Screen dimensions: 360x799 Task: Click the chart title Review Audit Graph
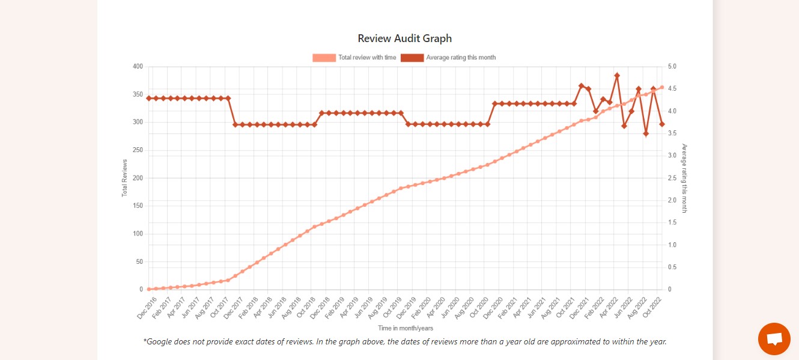pyautogui.click(x=404, y=38)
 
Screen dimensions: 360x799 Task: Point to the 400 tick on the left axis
pyautogui.click(x=138, y=66)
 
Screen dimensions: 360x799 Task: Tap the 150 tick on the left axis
pyautogui.click(x=138, y=206)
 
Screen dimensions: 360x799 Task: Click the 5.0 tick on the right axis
pyautogui.click(x=672, y=66)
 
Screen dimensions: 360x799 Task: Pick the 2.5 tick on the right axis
pyautogui.click(x=672, y=178)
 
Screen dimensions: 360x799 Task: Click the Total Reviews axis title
pyautogui.click(x=125, y=178)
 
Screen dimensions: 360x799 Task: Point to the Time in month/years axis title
pyautogui.click(x=406, y=328)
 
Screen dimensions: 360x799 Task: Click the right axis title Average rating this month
pyautogui.click(x=684, y=178)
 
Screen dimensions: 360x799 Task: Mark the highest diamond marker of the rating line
pyautogui.click(x=617, y=76)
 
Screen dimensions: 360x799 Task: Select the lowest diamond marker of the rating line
pyautogui.click(x=646, y=133)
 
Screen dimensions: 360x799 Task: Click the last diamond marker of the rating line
pyautogui.click(x=662, y=124)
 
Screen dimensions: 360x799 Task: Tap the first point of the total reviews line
pyautogui.click(x=149, y=289)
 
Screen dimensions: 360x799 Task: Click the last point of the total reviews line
pyautogui.click(x=662, y=87)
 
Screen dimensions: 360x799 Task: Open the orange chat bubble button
pyautogui.click(x=774, y=339)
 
